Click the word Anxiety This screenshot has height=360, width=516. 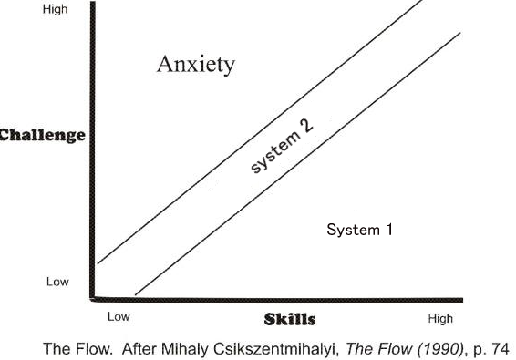196,65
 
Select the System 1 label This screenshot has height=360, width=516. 359,231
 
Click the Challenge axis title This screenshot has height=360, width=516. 43,136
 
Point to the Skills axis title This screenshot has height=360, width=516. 290,319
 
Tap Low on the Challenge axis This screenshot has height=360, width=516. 57,283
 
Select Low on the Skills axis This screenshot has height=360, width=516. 119,318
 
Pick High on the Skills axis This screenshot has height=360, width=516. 439,319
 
